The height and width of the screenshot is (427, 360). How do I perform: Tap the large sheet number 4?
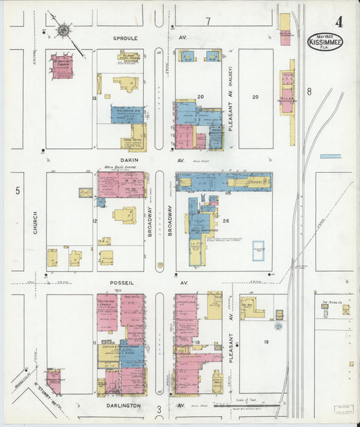(x=338, y=21)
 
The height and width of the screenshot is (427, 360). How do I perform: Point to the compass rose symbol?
(x=63, y=30)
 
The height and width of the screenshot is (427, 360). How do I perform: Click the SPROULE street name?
(x=127, y=39)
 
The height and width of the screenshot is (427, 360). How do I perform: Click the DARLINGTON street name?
(x=124, y=405)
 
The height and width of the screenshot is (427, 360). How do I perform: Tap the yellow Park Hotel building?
(x=136, y=138)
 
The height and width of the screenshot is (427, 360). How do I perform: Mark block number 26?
(x=227, y=220)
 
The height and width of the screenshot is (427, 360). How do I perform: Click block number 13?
(x=95, y=99)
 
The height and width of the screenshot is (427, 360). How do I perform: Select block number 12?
(x=95, y=221)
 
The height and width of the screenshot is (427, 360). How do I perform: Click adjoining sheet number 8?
(x=309, y=91)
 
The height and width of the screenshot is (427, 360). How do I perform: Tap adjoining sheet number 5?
(x=18, y=191)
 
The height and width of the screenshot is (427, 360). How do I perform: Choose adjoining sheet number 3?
(x=159, y=409)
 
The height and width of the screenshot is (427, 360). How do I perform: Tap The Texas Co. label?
(x=332, y=302)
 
